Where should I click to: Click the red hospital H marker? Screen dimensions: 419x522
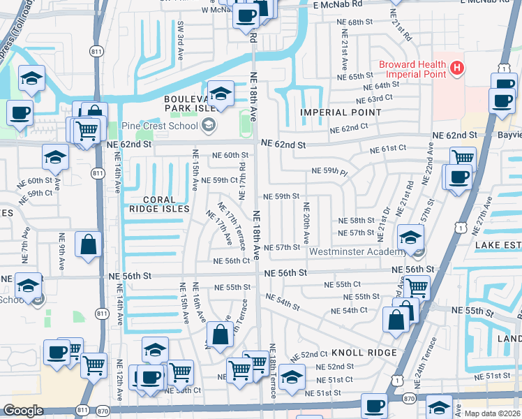[456, 68]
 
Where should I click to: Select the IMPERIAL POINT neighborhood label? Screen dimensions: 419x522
[334, 112]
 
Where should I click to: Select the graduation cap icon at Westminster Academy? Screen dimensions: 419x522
[411, 237]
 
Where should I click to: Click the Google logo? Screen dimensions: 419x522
[23, 411]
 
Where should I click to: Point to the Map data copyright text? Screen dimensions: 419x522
[491, 413]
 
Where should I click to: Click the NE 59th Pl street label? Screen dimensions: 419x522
[329, 170]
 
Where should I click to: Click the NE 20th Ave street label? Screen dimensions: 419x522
[306, 220]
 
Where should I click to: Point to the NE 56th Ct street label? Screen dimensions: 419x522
[232, 261]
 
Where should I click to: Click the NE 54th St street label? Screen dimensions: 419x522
[283, 302]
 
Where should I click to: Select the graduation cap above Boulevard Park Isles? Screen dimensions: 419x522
[221, 94]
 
